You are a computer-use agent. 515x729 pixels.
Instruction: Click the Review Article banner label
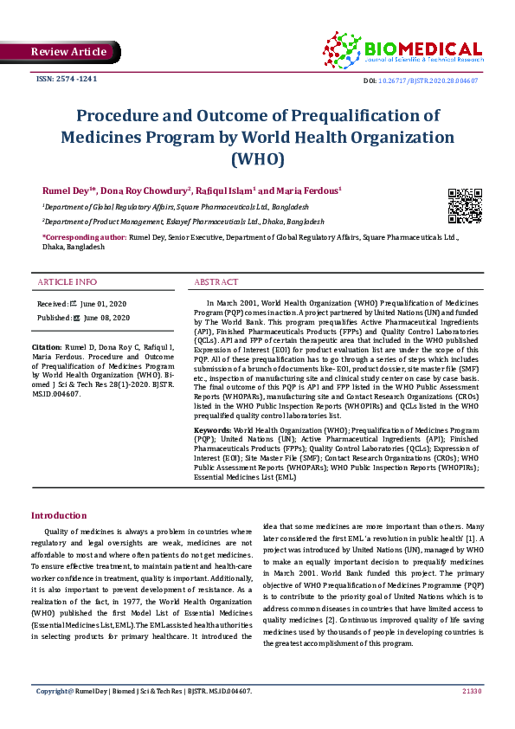68,52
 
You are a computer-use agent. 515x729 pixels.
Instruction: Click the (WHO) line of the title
257,159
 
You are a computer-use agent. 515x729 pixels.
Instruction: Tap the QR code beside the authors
464,204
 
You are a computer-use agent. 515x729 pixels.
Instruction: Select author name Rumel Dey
69,190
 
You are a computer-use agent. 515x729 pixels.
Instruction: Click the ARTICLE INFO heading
68,282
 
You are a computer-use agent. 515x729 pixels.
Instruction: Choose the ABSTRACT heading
216,282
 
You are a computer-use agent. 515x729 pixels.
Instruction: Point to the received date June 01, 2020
103,305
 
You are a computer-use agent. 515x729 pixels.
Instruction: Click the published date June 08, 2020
105,318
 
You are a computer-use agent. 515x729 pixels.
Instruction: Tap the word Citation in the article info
48,347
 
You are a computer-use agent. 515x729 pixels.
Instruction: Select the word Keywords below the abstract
212,429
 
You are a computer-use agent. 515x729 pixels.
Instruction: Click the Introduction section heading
59,515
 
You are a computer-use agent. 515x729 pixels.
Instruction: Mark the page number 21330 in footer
471,691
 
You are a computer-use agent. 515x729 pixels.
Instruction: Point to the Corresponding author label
84,236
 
